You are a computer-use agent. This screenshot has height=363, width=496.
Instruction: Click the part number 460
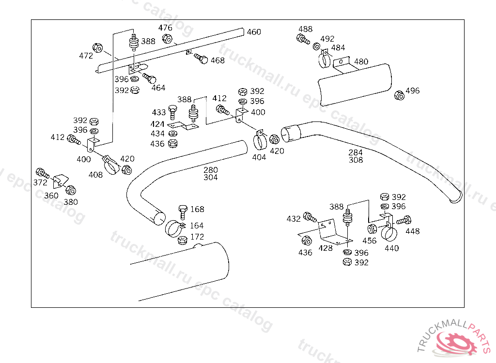coord(254,32)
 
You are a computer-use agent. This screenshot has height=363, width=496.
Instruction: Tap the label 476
coord(165,28)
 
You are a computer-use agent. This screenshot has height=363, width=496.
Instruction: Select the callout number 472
coord(86,56)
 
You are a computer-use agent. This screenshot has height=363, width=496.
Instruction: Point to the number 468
coord(217,60)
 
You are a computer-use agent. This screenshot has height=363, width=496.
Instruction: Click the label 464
coord(158,88)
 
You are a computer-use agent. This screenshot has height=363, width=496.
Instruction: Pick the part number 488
coord(305,29)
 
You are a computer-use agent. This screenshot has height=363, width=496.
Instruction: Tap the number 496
coord(413,91)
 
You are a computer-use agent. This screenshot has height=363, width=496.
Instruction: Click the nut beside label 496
coord(399,95)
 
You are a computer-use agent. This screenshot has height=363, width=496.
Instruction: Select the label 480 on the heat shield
coord(361,61)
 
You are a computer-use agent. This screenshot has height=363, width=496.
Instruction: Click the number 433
coord(159,112)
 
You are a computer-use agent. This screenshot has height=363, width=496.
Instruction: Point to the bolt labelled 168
coord(183,212)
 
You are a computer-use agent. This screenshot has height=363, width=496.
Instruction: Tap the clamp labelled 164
coord(174,228)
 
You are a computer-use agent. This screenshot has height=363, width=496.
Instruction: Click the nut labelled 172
coord(183,241)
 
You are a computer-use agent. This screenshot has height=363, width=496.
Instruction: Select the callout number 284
coord(356,152)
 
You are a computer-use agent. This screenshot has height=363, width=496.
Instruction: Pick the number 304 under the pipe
coord(210,178)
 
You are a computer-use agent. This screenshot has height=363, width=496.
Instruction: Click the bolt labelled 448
coord(403,220)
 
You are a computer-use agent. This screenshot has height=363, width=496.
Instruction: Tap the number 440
coord(391,249)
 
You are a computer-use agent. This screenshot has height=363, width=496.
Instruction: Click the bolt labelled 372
coord(43,173)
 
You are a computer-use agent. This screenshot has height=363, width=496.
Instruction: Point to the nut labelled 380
coord(71,190)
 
